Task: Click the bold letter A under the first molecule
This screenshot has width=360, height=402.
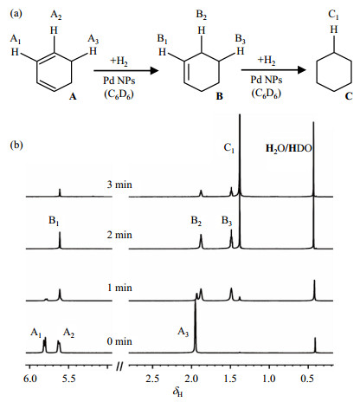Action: (73, 96)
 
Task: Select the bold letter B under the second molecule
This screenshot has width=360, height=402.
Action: (220, 96)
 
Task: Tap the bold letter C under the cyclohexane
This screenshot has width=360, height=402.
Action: (349, 95)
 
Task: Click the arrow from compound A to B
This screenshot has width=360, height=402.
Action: (126, 70)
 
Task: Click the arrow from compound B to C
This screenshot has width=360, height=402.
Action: (273, 70)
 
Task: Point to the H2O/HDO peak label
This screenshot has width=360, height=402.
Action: (289, 148)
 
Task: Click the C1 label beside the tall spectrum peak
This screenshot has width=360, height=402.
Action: (229, 148)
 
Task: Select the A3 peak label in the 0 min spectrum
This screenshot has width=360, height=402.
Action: (183, 332)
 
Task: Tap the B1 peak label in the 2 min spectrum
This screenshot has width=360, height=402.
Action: (54, 221)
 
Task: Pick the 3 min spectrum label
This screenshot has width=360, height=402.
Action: (119, 185)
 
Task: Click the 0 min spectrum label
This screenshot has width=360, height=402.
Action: (119, 341)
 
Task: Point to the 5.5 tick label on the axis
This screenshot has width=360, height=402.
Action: (69, 379)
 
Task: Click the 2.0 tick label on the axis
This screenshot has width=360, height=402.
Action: (191, 379)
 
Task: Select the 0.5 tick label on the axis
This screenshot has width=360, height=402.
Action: (307, 379)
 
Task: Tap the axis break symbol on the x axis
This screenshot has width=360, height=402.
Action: (120, 366)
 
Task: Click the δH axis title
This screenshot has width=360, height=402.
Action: (178, 392)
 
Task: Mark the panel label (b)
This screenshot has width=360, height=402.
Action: (16, 145)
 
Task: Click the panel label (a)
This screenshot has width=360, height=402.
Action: (16, 14)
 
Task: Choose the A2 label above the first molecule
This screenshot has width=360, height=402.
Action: (56, 15)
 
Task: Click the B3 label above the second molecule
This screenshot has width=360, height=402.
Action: (240, 39)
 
